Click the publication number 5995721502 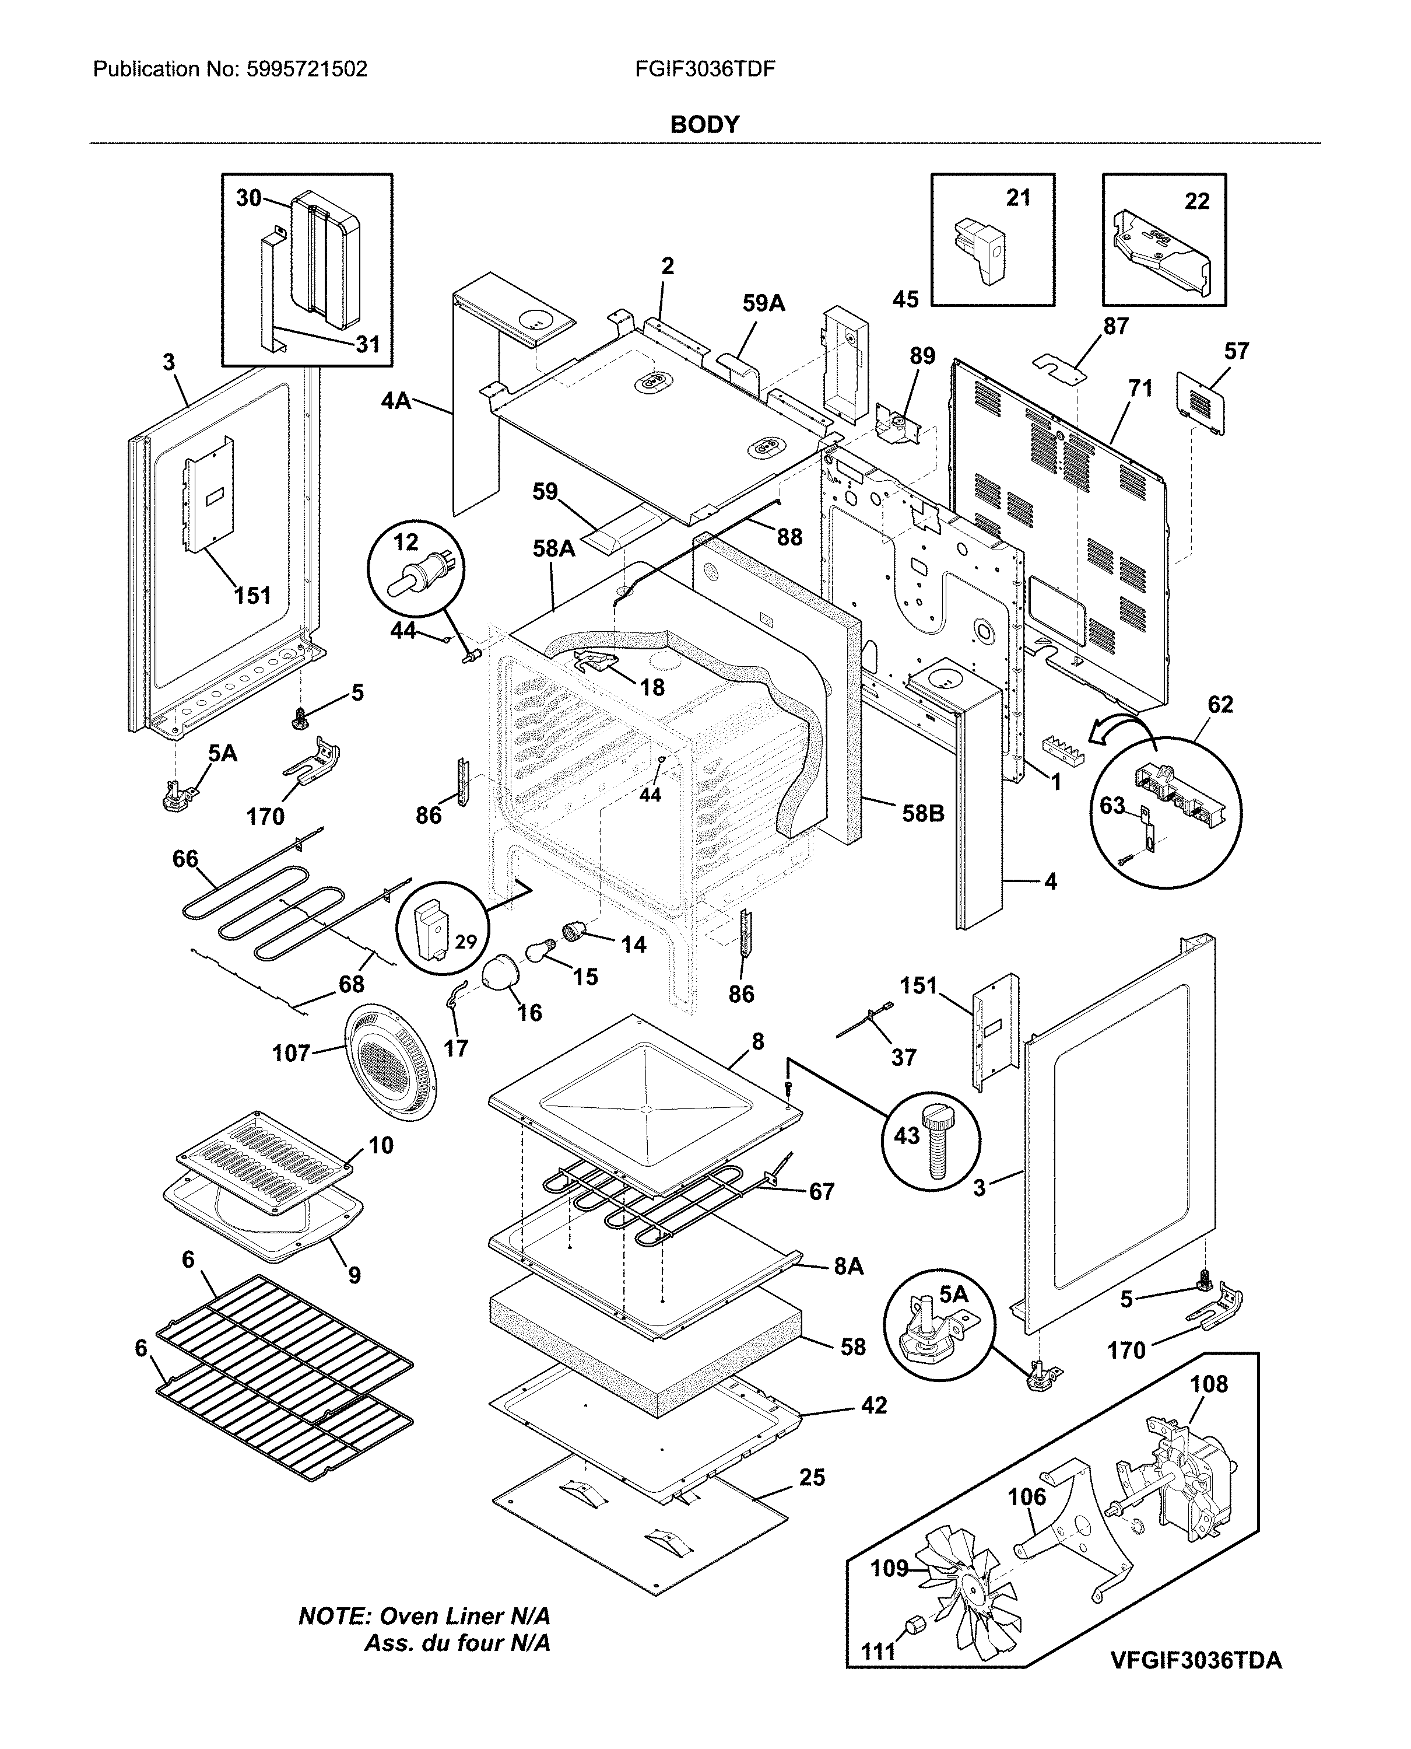coord(305,69)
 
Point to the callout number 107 coord(291,1054)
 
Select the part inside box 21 coord(981,248)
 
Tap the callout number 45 coord(905,299)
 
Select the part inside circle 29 coord(431,927)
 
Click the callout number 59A coord(763,303)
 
